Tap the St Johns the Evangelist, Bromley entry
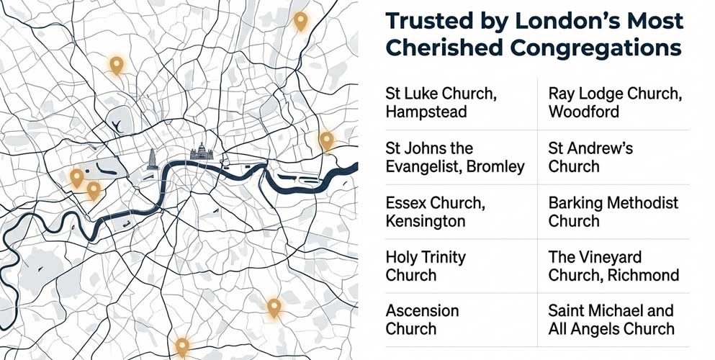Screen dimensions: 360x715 [455, 158]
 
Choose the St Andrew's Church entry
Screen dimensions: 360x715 [590, 158]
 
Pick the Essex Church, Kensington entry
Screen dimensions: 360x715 [434, 212]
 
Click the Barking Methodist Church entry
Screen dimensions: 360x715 [613, 212]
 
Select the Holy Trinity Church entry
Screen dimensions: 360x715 [426, 266]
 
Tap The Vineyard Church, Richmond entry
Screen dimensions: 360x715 [613, 266]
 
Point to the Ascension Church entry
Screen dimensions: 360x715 [422, 320]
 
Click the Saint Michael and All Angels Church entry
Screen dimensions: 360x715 [611, 320]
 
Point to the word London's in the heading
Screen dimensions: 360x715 [565, 21]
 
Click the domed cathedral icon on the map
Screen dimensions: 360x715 [201, 153]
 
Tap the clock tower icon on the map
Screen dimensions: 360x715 [153, 159]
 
